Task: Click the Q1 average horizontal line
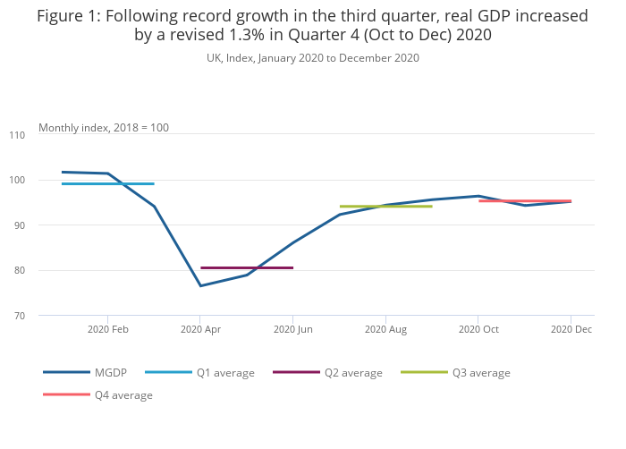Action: pos(107,183)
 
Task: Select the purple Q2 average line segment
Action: pos(246,267)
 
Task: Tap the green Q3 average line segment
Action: pos(385,207)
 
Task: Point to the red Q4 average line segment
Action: pos(525,201)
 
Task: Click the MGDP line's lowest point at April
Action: pos(200,286)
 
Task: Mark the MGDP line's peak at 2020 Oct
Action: pos(478,196)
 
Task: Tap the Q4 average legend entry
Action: pos(97,395)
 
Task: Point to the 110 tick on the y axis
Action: pos(16,135)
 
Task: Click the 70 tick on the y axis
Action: pos(18,316)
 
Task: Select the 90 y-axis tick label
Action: pos(18,225)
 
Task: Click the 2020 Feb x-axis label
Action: pos(108,330)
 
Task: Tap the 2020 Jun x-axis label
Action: pos(292,330)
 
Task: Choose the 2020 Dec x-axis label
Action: pos(571,330)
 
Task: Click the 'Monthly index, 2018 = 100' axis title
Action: pos(104,128)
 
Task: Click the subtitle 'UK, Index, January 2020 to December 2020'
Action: pos(313,58)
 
